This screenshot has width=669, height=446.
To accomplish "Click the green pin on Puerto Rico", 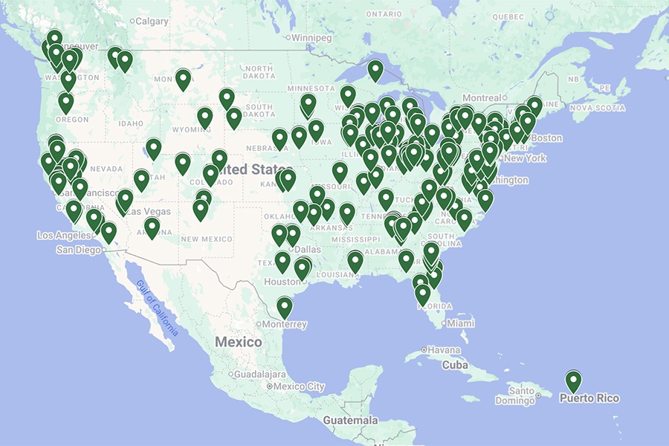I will pyautogui.click(x=573, y=381).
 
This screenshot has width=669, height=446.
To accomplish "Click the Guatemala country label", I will pyautogui.click(x=350, y=421).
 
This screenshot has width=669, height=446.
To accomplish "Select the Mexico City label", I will pyautogui.click(x=299, y=387).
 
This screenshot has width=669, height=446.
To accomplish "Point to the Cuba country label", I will pyautogui.click(x=454, y=365).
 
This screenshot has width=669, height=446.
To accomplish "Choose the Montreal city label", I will pyautogui.click(x=481, y=98).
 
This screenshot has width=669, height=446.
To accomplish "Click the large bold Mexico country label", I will pyautogui.click(x=238, y=342).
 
